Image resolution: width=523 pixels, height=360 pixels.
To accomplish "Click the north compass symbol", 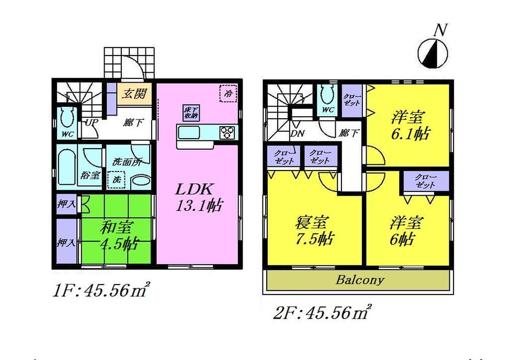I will pos(433,52).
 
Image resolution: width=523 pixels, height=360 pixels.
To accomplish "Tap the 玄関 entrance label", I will pos(134,94).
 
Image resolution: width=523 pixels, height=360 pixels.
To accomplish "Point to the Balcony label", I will pos(360,280).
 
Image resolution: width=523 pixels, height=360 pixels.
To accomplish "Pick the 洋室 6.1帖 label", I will pos(410,125).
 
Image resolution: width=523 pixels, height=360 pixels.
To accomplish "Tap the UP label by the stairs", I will pos(90,122).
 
